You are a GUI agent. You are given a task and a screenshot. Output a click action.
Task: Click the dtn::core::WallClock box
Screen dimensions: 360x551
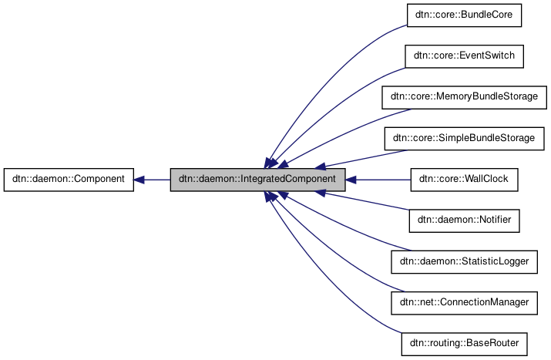(464, 180)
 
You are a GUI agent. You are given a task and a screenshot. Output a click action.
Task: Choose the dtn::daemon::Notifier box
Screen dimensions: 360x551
(464, 220)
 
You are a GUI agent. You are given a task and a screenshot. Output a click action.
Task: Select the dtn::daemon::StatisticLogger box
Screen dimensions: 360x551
(464, 261)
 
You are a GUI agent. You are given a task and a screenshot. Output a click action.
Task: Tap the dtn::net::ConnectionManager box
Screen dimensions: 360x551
(464, 302)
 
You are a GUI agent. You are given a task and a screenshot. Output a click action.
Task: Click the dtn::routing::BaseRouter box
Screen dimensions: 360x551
(464, 343)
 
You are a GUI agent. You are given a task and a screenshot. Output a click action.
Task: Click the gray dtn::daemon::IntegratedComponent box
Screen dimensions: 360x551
(257, 180)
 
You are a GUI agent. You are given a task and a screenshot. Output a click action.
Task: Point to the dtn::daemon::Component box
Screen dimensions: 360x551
(69, 180)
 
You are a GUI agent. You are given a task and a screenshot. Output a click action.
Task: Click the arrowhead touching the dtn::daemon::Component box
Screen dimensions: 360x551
(139, 180)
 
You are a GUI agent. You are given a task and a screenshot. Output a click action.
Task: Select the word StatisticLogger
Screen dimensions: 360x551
(492, 261)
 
